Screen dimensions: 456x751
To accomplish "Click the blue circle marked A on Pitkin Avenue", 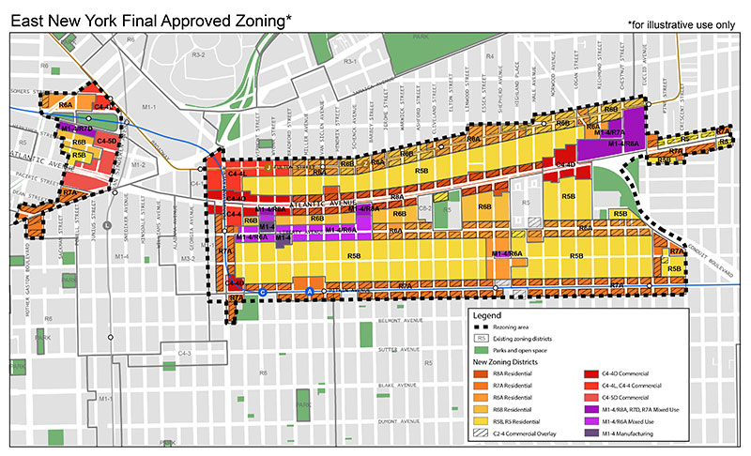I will (x=309, y=293).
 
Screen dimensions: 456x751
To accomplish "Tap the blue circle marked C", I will (x=262, y=293).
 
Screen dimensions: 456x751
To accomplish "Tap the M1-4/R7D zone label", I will (x=76, y=127).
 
